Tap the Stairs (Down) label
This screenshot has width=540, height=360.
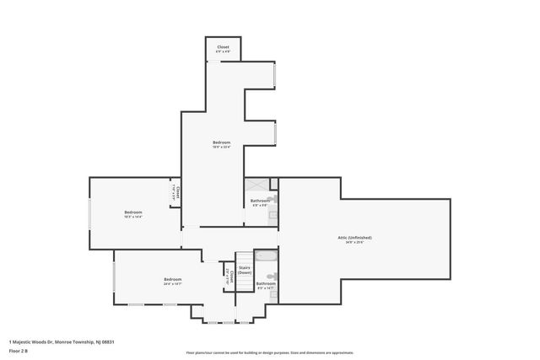244,270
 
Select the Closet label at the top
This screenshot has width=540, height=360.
223,47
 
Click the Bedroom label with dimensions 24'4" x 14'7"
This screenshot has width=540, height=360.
172,279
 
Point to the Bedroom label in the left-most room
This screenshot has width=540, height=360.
133,212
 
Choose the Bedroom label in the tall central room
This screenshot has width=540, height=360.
221,142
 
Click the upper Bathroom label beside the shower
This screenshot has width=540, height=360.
259,200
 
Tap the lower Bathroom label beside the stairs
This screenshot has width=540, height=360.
266,283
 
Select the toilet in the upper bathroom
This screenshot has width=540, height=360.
273,199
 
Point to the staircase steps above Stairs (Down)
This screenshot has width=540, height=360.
244,256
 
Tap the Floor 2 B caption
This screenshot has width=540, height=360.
19,350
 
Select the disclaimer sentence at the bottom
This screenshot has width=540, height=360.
270,352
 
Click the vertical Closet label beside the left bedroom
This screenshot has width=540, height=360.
175,192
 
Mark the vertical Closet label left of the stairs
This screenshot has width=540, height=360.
227,277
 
